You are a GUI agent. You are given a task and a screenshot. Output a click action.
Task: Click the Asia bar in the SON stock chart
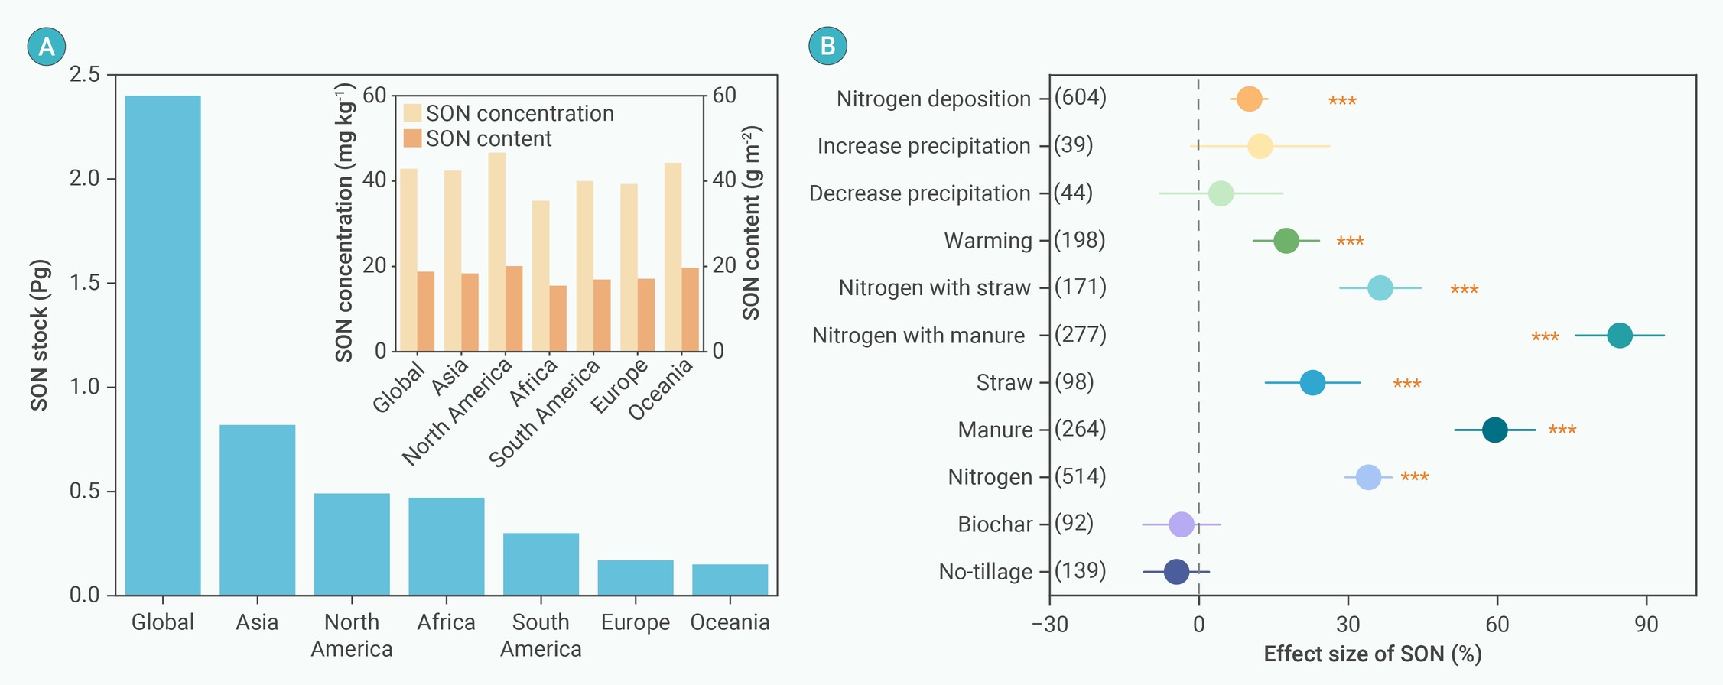tap(257, 510)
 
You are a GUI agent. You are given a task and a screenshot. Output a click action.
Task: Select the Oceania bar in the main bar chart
tap(730, 579)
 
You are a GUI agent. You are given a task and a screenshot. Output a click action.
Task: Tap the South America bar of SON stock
tap(541, 564)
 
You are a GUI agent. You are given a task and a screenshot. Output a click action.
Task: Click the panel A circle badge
tap(47, 47)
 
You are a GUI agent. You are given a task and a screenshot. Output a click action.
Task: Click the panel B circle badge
tap(827, 46)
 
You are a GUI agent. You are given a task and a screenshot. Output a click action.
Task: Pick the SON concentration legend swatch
tap(412, 113)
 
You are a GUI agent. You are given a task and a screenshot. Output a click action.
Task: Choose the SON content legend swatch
tap(412, 138)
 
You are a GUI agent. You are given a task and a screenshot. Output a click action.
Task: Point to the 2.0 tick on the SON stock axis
tap(85, 179)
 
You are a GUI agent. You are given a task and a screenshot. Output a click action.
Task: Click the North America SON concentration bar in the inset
tap(497, 252)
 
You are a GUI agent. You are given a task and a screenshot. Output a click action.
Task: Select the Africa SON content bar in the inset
tap(558, 319)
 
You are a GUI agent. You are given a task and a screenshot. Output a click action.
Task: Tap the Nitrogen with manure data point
tap(1620, 335)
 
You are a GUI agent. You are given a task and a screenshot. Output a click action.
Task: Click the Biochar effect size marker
tap(1182, 524)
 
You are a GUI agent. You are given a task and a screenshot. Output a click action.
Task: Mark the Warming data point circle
tap(1286, 241)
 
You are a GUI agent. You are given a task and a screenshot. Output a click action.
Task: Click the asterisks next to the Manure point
tap(1562, 430)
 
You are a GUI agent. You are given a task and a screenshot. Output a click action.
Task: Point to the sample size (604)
tap(1080, 98)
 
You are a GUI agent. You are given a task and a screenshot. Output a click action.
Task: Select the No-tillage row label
tap(986, 572)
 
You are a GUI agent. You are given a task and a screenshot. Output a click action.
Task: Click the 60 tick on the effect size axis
tap(1497, 625)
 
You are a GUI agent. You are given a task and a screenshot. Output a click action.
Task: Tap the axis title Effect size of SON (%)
tap(1373, 654)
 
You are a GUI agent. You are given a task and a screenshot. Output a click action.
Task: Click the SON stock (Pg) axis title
tap(40, 335)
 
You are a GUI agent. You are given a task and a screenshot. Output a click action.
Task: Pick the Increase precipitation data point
tap(1260, 146)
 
